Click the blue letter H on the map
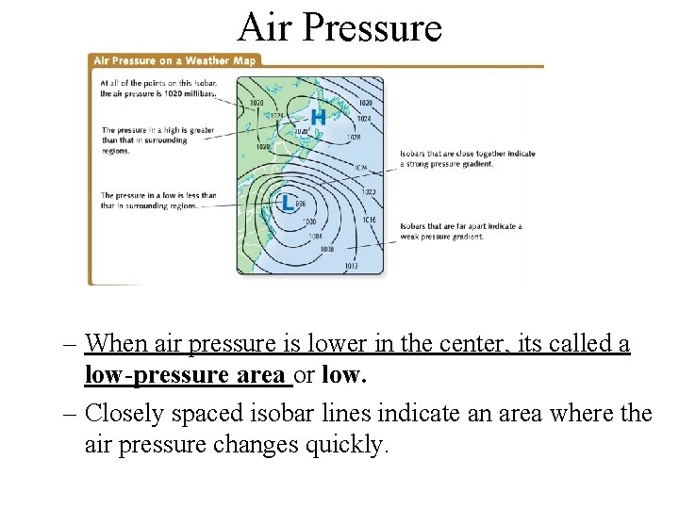pyautogui.click(x=319, y=118)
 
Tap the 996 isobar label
pyautogui.click(x=301, y=204)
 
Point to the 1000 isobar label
pyautogui.click(x=309, y=222)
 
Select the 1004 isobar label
pyautogui.click(x=315, y=236)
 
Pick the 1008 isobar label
pyautogui.click(x=326, y=249)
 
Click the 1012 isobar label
pyautogui.click(x=351, y=266)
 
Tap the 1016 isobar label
pyautogui.click(x=368, y=219)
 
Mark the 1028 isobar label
pyautogui.click(x=354, y=137)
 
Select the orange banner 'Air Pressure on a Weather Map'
pyautogui.click(x=174, y=60)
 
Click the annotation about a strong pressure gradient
pyautogui.click(x=467, y=158)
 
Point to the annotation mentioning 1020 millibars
pyautogui.click(x=157, y=88)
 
